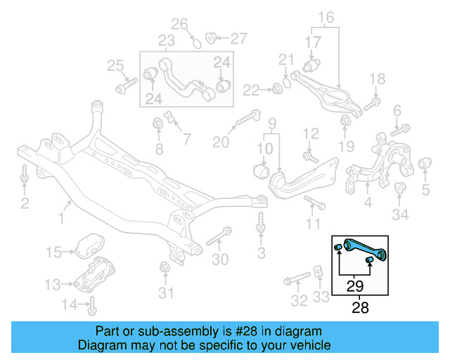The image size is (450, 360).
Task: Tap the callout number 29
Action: pyautogui.click(x=355, y=286)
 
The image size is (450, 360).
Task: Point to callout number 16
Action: pyautogui.click(x=326, y=17)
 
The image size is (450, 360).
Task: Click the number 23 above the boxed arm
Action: pyautogui.click(x=166, y=40)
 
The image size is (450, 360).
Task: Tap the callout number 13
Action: pyautogui.click(x=53, y=284)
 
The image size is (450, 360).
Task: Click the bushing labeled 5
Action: pyautogui.click(x=425, y=165)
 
